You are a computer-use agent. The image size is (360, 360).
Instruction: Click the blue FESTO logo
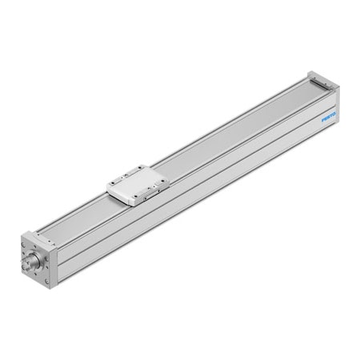coord(328,116)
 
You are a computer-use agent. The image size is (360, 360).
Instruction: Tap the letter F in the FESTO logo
coord(322,119)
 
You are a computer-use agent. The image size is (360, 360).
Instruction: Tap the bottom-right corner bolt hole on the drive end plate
coord(47,282)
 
